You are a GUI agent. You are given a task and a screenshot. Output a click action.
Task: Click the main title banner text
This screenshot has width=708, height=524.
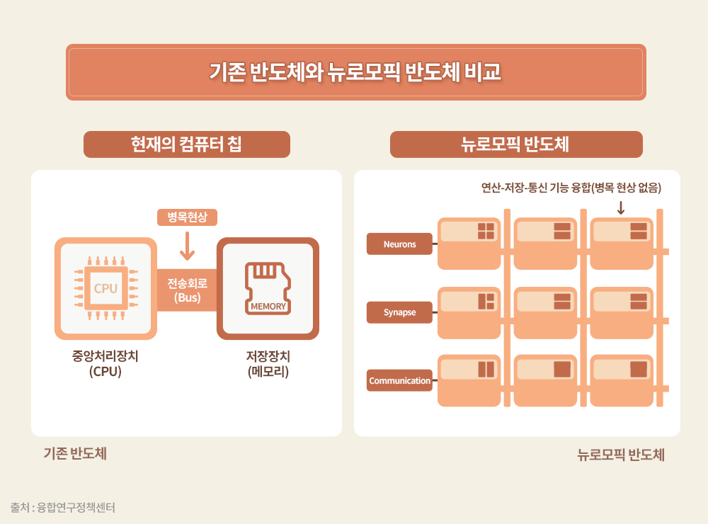click(355, 72)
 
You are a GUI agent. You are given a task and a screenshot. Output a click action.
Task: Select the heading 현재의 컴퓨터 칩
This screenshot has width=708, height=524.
click(187, 144)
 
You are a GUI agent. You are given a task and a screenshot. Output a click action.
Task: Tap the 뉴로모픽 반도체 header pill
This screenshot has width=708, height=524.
click(515, 144)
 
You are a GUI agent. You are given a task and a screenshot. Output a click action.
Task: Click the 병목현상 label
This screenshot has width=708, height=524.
click(187, 217)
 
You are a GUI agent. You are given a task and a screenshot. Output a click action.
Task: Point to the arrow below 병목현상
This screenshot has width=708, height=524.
click(187, 245)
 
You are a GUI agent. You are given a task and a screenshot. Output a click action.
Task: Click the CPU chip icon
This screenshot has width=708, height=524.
click(106, 288)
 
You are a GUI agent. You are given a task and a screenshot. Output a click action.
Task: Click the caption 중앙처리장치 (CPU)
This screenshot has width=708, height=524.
click(105, 363)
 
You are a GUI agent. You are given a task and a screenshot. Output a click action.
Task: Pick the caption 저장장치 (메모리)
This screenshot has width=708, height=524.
click(268, 363)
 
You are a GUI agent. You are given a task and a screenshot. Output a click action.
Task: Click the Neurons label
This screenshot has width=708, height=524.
click(399, 244)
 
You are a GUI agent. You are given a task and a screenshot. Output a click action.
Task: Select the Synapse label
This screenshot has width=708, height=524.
click(399, 312)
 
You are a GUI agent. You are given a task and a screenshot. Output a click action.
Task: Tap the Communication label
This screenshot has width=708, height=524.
click(399, 380)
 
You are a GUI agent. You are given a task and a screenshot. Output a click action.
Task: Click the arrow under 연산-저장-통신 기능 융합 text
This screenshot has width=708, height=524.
click(621, 207)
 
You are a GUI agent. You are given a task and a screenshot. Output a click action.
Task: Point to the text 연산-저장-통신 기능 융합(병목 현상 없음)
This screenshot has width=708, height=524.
click(571, 188)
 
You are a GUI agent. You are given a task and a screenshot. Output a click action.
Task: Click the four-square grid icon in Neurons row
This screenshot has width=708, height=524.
click(486, 231)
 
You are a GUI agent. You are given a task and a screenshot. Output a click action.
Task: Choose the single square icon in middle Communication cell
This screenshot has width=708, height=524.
click(562, 369)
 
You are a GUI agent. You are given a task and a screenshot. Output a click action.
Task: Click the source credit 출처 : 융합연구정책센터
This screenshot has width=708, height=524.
click(63, 507)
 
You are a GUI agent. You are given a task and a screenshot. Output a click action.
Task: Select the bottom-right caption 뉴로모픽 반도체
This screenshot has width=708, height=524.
click(621, 455)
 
